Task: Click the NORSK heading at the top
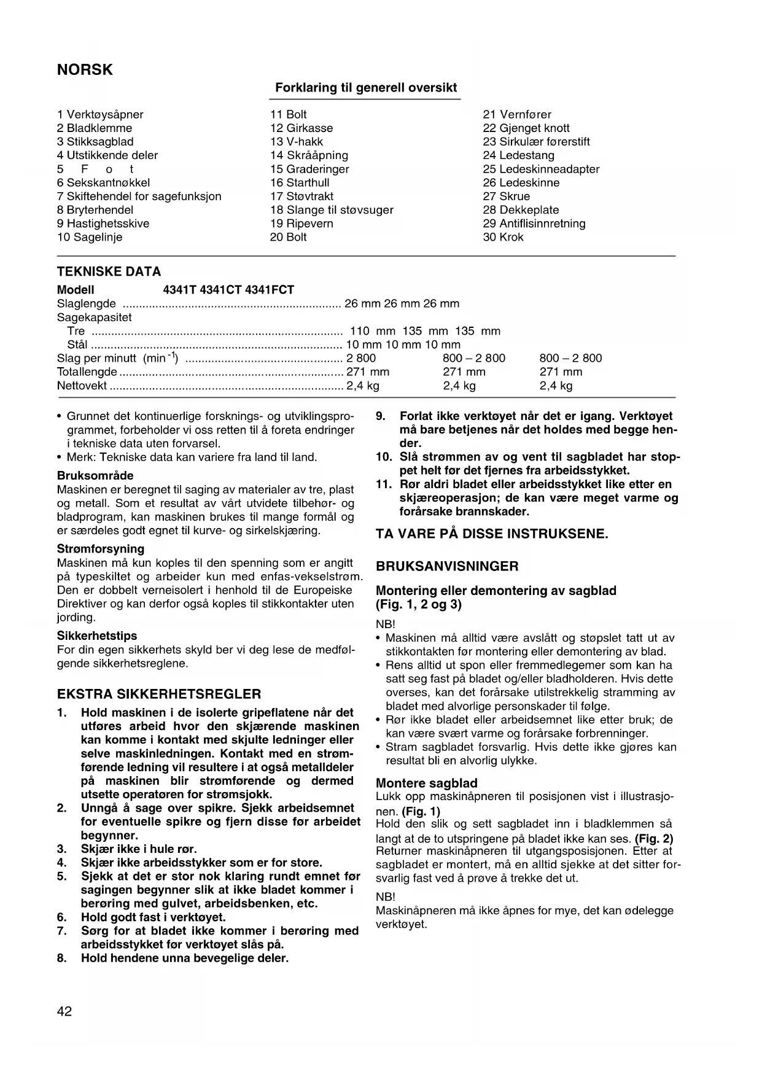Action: [x=85, y=70]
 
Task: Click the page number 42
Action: [x=64, y=1011]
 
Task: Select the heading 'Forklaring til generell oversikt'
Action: [x=366, y=88]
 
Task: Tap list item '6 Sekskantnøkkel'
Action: [x=103, y=182]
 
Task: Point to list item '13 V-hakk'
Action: [x=297, y=142]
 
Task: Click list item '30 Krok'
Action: [x=503, y=237]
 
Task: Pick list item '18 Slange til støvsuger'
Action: [x=332, y=210]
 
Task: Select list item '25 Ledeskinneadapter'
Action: [x=541, y=169]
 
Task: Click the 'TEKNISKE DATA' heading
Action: [x=109, y=271]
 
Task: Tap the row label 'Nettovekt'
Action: [x=82, y=386]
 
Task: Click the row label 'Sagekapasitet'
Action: [x=94, y=317]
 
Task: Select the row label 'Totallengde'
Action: [x=87, y=371]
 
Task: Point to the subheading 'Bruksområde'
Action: [x=95, y=476]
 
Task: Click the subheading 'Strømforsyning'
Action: [x=101, y=549]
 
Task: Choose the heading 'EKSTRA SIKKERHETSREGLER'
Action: [x=159, y=694]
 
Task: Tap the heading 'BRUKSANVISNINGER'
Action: [x=447, y=566]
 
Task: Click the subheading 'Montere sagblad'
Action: [x=426, y=783]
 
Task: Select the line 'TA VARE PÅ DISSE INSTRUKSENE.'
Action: [x=492, y=534]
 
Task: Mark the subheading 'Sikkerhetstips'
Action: [x=97, y=636]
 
